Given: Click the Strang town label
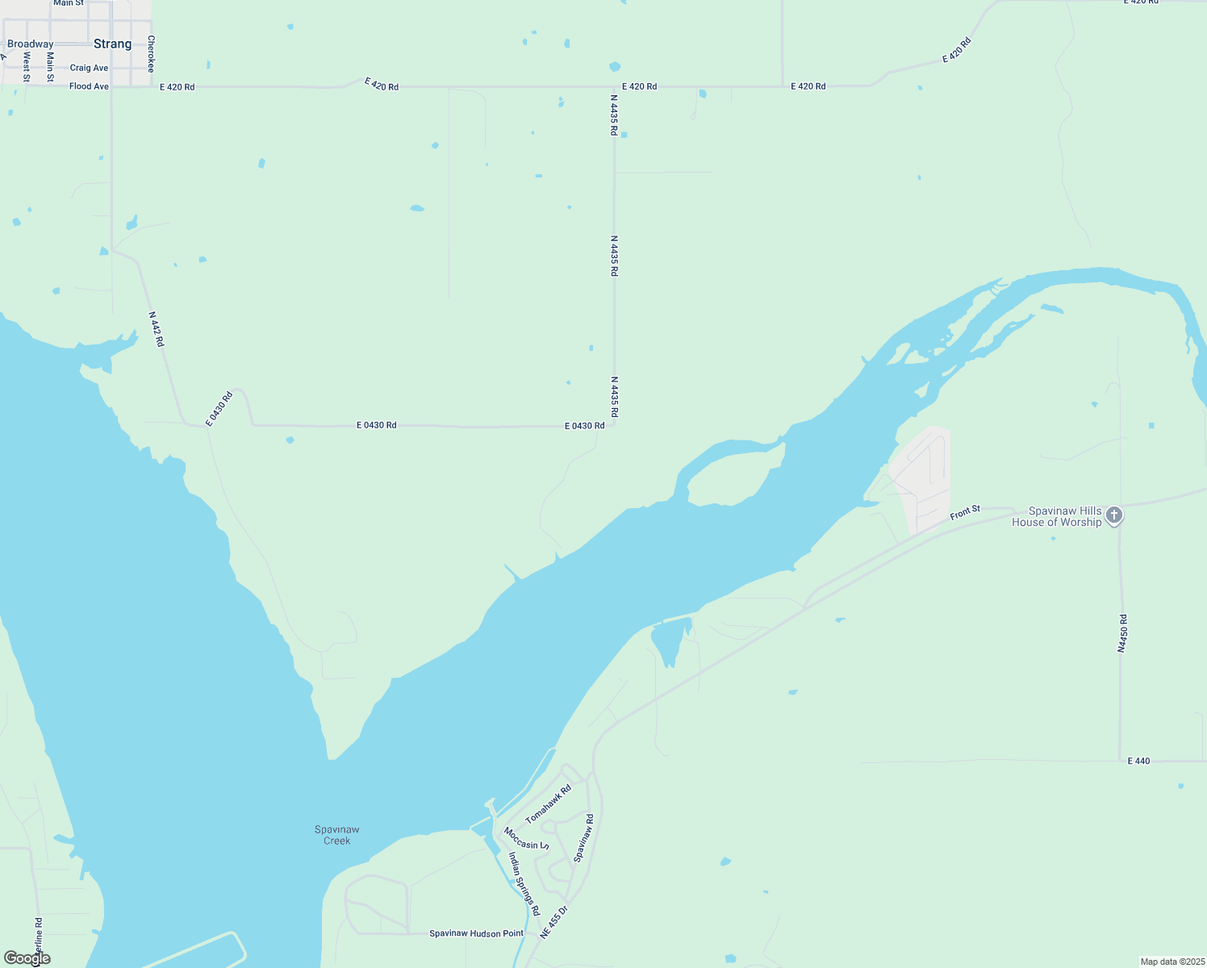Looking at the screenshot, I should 112,44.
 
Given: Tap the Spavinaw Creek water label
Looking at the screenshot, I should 337,835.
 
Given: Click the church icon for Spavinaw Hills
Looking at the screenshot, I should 1114,515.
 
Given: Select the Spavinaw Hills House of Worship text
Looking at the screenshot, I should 1056,517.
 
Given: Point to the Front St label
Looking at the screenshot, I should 965,512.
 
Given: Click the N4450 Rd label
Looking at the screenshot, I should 1122,633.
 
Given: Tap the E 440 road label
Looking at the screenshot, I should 1138,761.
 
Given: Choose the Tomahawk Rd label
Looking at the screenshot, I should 549,804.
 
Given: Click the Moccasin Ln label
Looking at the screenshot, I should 526,839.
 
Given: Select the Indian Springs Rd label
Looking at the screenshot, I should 524,884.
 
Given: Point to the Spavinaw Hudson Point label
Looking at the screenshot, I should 476,933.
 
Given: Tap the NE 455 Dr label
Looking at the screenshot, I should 554,922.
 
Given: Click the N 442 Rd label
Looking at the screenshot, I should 157,329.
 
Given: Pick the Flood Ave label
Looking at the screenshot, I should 89,86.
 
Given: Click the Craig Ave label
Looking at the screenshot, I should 89,68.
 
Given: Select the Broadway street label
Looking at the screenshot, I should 30,44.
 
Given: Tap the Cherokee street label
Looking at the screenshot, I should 151,54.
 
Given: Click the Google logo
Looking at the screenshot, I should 27,958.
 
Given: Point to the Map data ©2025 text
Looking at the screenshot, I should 1171,962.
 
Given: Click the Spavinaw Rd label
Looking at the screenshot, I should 583,838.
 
